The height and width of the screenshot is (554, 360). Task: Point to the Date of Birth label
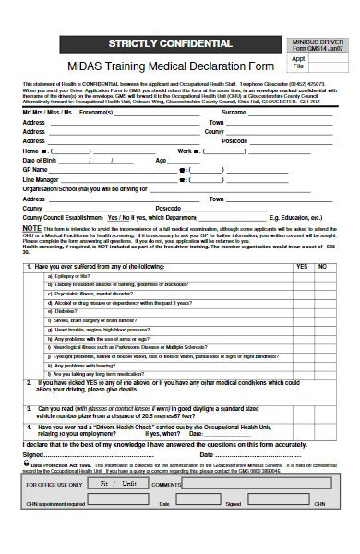coord(41,160)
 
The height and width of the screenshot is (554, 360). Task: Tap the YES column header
coord(301,241)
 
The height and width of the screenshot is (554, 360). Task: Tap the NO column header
coord(323,241)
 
